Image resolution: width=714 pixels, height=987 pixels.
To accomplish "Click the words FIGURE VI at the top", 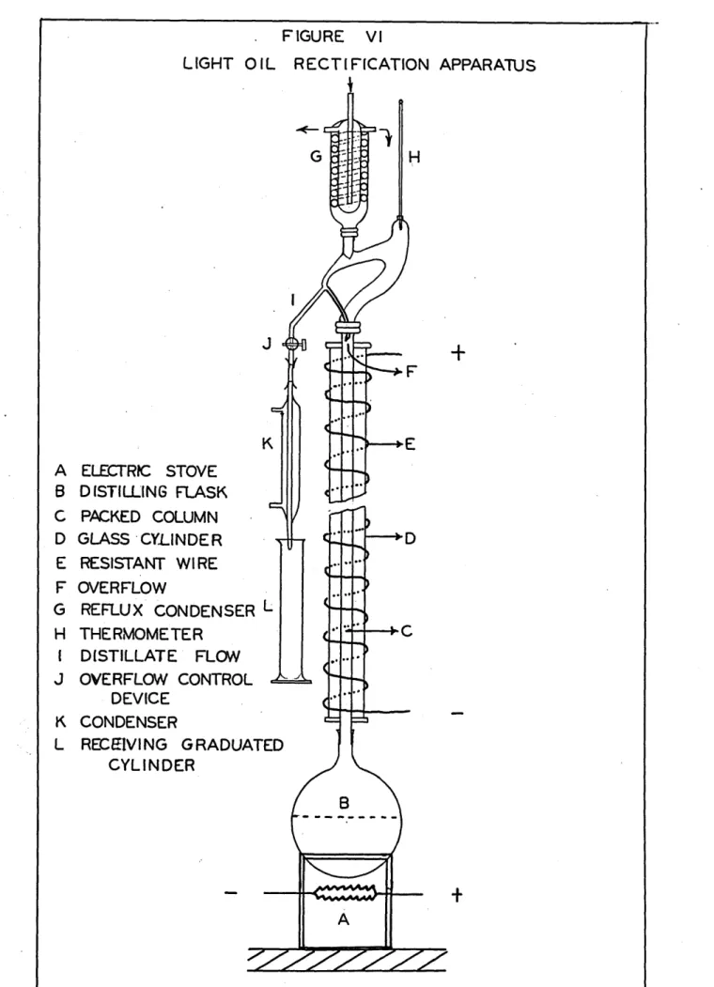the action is point(332,37).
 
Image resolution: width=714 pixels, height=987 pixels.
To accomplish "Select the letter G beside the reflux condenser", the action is point(316,156).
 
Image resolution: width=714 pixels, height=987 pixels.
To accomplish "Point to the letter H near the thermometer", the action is point(414,158).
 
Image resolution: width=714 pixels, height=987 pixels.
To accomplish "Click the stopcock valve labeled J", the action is point(293,344).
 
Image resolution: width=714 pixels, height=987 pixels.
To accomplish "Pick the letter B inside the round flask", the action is point(344,803).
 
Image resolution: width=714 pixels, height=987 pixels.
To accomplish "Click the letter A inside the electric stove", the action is point(343,919).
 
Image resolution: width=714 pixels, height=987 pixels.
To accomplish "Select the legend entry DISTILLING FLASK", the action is point(153,491).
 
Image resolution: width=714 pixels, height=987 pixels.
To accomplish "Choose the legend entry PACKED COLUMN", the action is point(149,517).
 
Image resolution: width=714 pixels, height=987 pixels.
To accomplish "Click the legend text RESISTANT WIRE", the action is point(148,563).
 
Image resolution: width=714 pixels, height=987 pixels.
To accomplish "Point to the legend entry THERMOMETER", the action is point(141,634).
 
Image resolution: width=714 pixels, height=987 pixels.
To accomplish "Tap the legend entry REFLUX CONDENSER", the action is point(167,610).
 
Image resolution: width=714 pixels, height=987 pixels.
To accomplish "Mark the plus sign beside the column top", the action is point(458,352).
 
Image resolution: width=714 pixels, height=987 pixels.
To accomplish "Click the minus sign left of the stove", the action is point(231,892).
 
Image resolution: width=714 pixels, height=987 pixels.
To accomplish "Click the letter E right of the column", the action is point(410,444).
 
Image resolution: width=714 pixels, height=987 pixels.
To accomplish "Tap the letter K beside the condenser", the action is point(267,444).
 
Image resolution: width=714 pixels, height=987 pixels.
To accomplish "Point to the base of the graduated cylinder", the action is point(291,680).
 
